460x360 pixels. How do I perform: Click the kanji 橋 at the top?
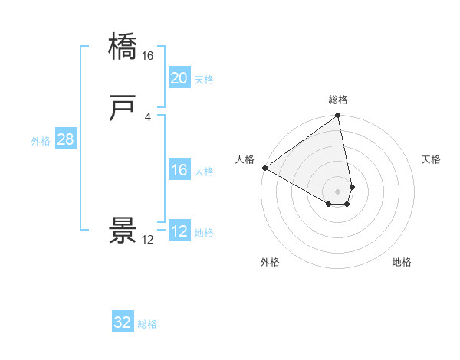click(122, 47)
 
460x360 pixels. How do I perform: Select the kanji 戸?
click(122, 109)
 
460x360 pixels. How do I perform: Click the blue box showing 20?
click(179, 78)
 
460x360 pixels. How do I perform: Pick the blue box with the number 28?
click(65, 140)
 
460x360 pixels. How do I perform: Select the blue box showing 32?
click(123, 322)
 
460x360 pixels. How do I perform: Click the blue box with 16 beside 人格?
click(179, 170)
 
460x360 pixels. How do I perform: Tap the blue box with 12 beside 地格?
click(179, 232)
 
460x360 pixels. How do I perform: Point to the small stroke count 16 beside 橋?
click(148, 56)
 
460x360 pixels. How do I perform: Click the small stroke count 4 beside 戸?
click(148, 117)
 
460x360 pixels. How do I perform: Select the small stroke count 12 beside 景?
click(148, 240)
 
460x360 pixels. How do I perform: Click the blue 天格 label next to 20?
click(204, 79)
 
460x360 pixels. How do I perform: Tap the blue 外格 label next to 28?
click(41, 141)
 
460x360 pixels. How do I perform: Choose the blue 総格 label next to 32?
click(147, 324)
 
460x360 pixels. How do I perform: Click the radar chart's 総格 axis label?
click(338, 100)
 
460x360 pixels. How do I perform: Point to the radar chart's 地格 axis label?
click(402, 262)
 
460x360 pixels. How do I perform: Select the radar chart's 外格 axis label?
click(270, 262)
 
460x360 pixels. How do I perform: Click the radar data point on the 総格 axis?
click(337, 116)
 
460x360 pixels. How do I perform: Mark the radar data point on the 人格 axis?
click(264, 168)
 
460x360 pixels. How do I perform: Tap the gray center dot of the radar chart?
click(337, 191)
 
